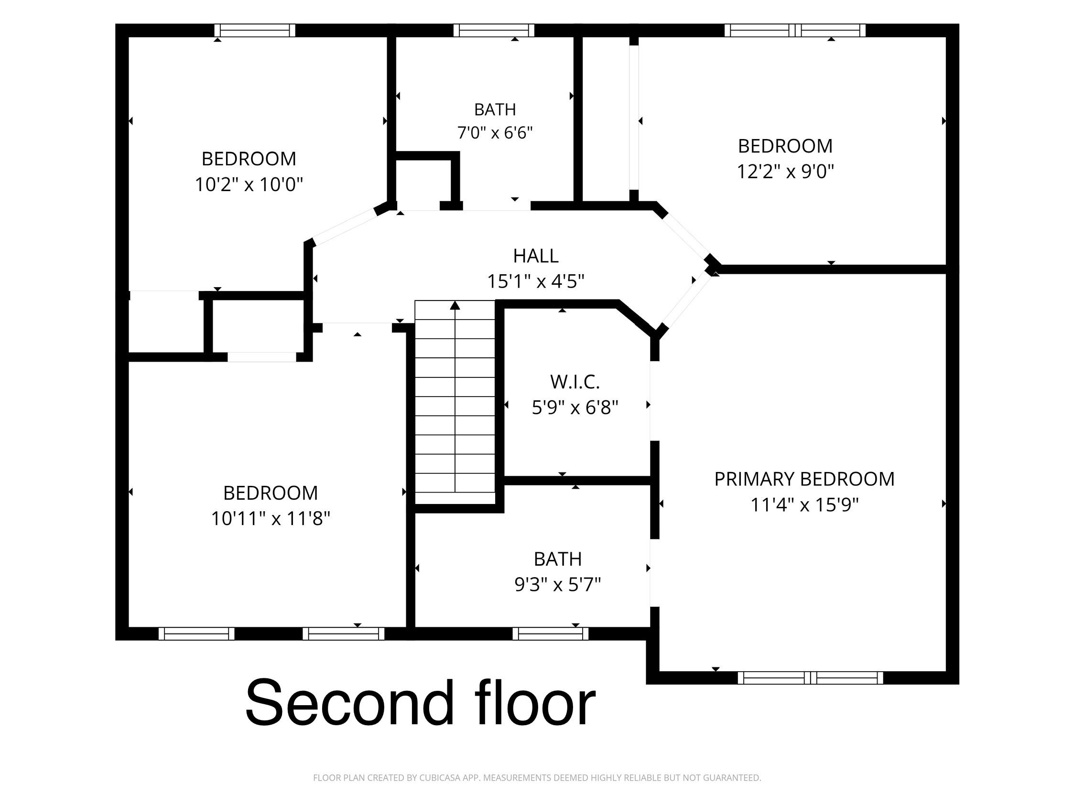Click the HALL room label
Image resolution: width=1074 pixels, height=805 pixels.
point(535,256)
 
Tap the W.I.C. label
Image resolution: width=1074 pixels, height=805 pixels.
point(575,382)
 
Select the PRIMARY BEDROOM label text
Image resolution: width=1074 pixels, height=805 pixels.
point(804,479)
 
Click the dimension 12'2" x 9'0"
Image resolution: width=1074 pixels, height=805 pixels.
point(785,172)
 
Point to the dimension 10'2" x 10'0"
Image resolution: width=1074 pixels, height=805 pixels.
point(249,184)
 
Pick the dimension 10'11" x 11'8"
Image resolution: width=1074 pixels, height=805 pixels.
point(271,519)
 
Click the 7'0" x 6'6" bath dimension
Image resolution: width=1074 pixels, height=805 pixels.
point(495,132)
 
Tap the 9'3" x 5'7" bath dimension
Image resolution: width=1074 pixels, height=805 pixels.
point(557,585)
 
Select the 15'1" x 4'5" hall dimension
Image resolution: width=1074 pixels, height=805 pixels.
point(535,281)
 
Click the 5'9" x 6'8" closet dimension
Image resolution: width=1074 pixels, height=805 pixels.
point(575,408)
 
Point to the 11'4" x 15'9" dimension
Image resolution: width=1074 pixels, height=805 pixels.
point(804,504)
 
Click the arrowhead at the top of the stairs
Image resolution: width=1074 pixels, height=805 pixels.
point(455,305)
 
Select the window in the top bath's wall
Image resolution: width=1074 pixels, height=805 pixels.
point(494,31)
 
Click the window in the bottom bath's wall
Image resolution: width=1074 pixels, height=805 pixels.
point(551,633)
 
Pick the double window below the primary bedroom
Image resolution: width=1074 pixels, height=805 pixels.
point(810,678)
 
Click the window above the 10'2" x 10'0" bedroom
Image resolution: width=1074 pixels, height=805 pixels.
point(255,31)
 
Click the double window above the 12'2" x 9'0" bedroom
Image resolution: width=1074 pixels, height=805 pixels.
point(795,31)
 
